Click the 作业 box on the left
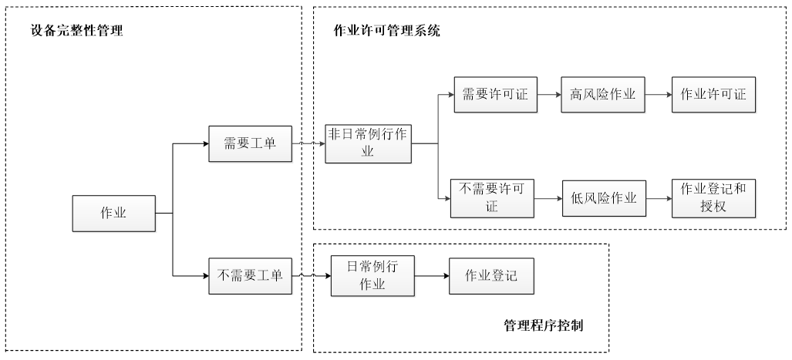(113, 213)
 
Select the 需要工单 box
(251, 143)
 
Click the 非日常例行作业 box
(368, 143)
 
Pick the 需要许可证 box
(495, 95)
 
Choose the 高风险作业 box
(602, 95)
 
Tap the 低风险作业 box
(603, 198)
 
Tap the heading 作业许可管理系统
(386, 31)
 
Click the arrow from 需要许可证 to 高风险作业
(548, 95)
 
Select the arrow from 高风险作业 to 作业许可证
(658, 95)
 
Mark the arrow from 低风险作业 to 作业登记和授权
(658, 198)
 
